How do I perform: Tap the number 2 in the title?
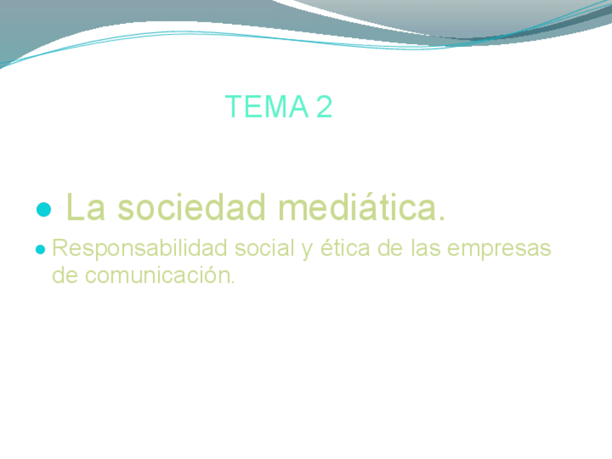pyautogui.click(x=324, y=107)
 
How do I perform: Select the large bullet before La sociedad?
pyautogui.click(x=44, y=210)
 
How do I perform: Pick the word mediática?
pyautogui.click(x=356, y=208)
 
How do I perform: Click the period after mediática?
pyautogui.click(x=442, y=218)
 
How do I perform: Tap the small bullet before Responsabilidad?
pyautogui.click(x=41, y=250)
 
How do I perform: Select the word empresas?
pyautogui.click(x=499, y=250)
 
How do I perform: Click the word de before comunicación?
pyautogui.click(x=65, y=275)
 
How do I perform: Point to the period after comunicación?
pyautogui.click(x=233, y=282)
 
